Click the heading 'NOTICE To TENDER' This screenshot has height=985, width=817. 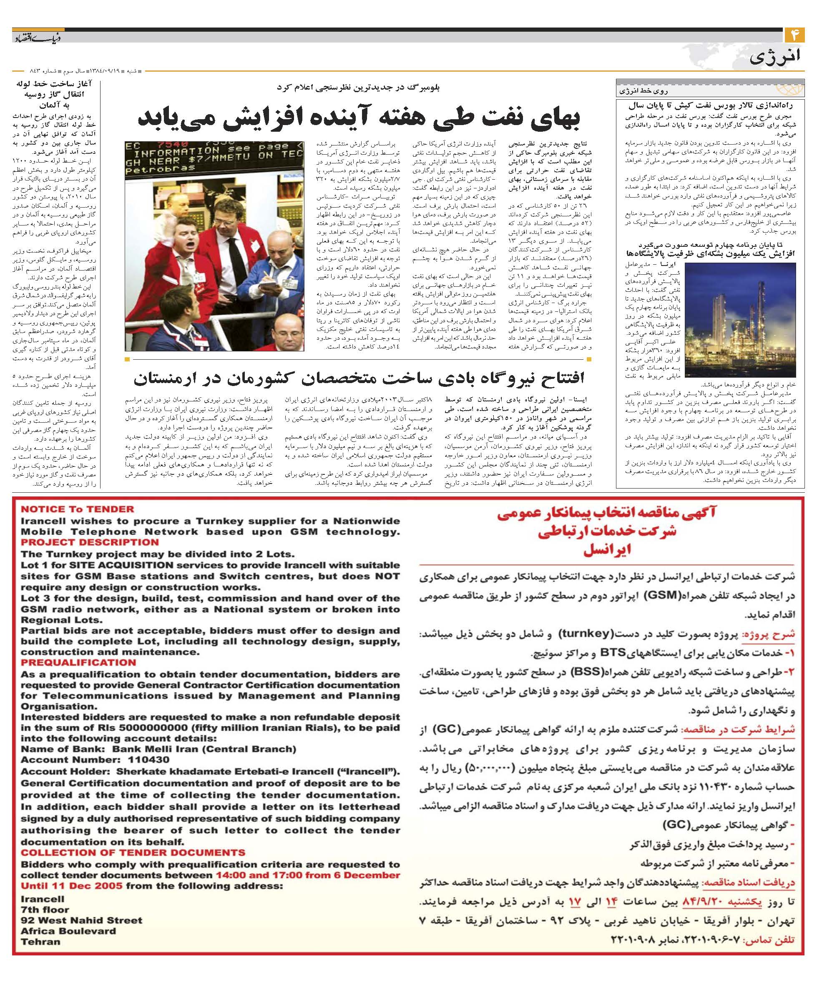[77, 509]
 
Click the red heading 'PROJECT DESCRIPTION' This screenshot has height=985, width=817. [90, 542]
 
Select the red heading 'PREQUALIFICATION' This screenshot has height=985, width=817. [78, 662]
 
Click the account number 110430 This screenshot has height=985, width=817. [149, 760]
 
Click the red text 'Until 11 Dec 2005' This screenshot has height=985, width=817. [71, 885]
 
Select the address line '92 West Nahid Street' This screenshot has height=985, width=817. [81, 920]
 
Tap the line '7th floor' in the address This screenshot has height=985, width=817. [45, 910]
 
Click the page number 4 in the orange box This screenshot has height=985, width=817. [794, 35]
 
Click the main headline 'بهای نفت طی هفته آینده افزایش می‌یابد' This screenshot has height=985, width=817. [359, 117]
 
